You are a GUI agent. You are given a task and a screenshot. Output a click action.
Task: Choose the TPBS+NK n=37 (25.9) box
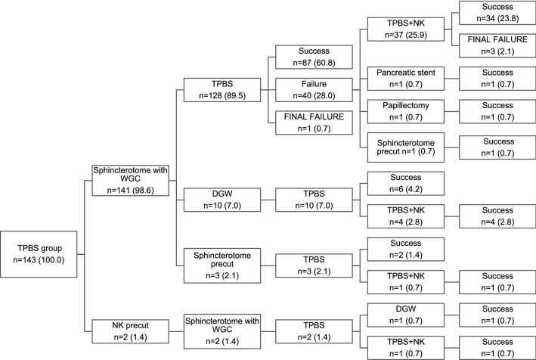click(404, 29)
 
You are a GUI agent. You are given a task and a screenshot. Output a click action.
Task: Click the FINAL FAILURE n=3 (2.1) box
click(492, 45)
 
